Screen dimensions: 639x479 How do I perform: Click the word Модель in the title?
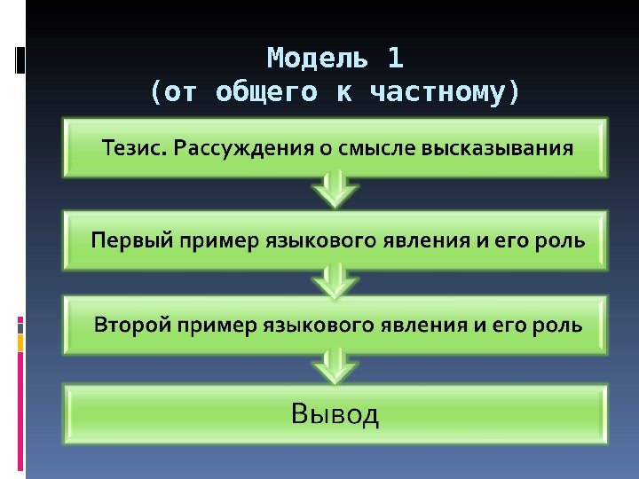318,59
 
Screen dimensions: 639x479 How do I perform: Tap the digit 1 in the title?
395,59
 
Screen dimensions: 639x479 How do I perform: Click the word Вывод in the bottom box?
335,413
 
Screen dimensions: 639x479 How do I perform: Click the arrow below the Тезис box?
335,189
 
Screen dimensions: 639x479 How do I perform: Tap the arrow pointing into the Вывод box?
335,365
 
